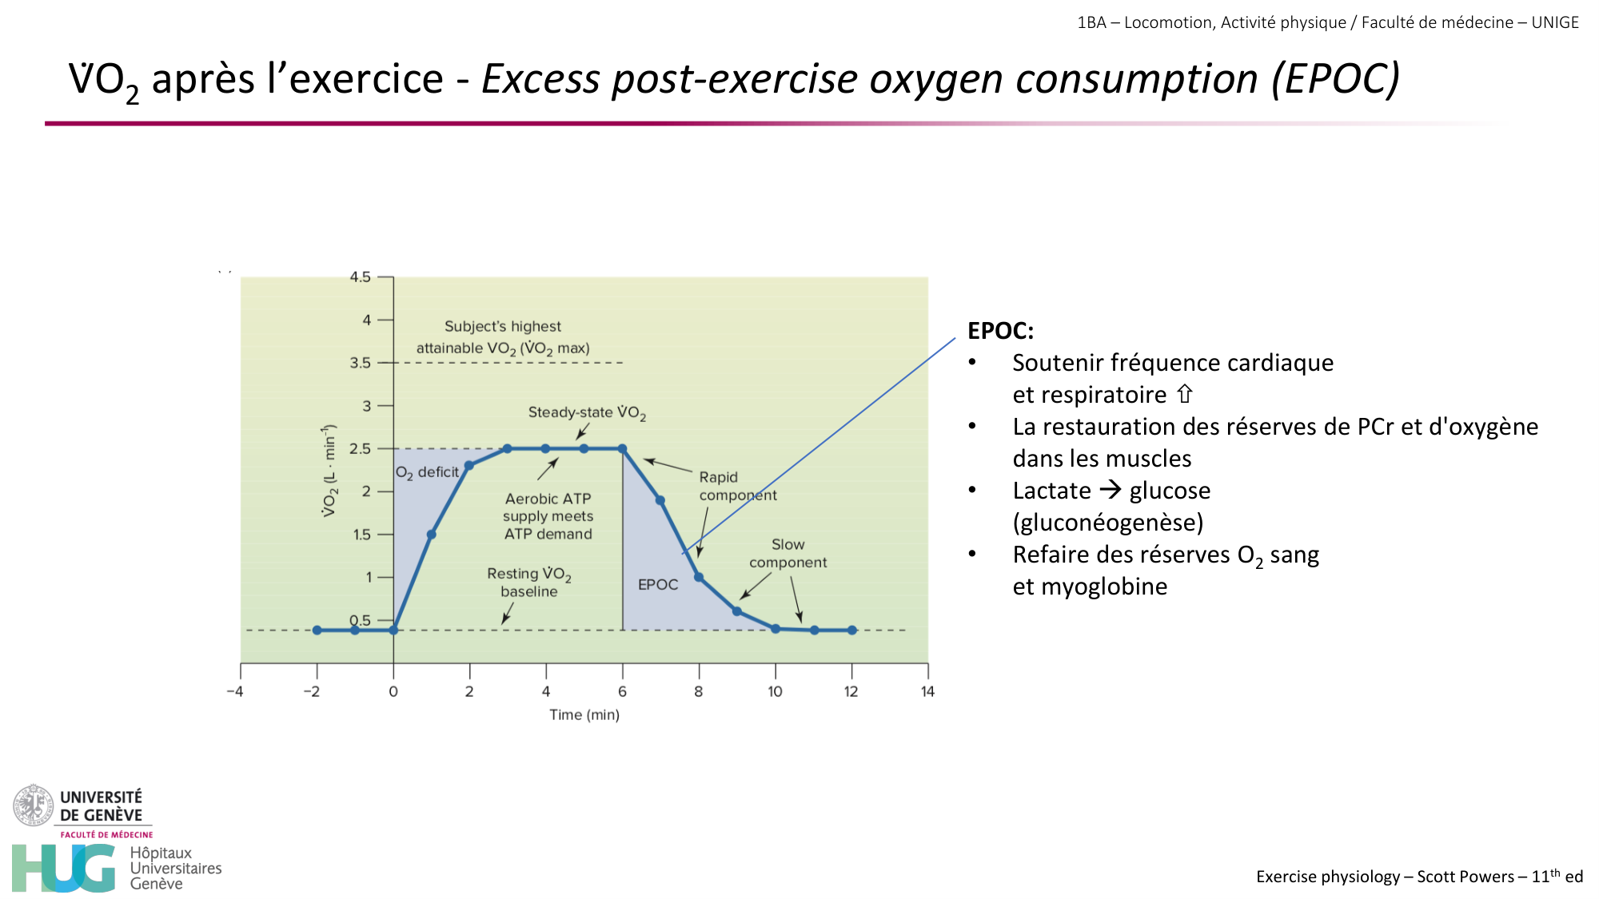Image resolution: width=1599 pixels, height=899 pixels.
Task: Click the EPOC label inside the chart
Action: [657, 585]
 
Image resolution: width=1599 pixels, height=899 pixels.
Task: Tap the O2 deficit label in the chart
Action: [428, 472]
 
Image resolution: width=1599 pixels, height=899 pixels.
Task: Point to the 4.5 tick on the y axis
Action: [360, 277]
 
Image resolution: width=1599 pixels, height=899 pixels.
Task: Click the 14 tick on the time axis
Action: [927, 691]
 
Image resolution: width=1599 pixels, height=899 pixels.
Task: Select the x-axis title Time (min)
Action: [584, 714]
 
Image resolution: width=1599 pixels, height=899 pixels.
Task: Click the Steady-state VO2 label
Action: [586, 412]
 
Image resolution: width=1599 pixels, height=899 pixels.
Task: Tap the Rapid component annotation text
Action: [736, 486]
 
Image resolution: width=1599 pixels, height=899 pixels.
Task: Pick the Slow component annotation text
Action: [788, 553]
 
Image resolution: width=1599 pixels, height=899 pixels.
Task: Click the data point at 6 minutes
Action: [622, 449]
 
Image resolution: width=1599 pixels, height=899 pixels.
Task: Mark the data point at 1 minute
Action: [431, 535]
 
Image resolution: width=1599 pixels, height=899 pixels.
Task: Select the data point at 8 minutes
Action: [699, 577]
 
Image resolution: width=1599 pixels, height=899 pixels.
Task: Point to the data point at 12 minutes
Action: [852, 630]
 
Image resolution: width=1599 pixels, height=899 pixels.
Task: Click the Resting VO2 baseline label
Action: [528, 583]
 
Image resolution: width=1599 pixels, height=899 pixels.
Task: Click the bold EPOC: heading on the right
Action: [1000, 331]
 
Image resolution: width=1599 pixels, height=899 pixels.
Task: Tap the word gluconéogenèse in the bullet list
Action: [1108, 523]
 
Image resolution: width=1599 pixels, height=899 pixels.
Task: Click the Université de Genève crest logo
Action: [33, 805]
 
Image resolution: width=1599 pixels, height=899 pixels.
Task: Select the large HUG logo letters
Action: [64, 868]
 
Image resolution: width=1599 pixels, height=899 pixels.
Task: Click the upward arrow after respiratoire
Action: [1185, 394]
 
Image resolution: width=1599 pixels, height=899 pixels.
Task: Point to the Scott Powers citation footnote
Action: [1419, 877]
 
